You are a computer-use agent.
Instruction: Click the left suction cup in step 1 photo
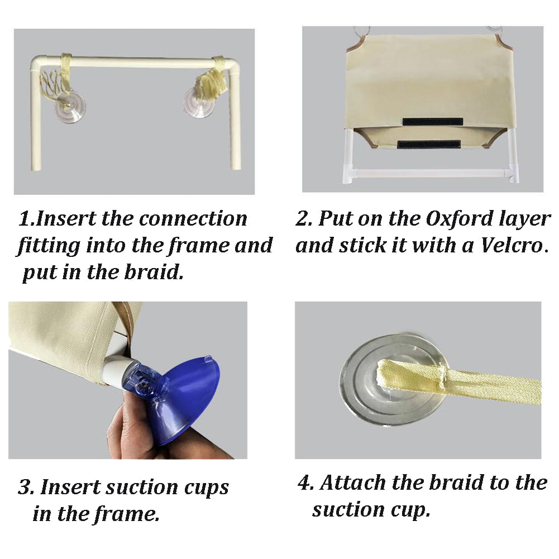point(70,107)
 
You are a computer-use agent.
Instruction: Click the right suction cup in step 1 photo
point(198,102)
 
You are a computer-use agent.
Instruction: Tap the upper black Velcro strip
point(432,122)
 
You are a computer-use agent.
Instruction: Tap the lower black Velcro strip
point(428,145)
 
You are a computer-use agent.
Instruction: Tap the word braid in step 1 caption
point(154,272)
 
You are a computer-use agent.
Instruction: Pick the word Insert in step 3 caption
point(70,487)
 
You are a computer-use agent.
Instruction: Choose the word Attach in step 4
point(353,482)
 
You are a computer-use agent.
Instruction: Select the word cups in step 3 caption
point(207,488)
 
